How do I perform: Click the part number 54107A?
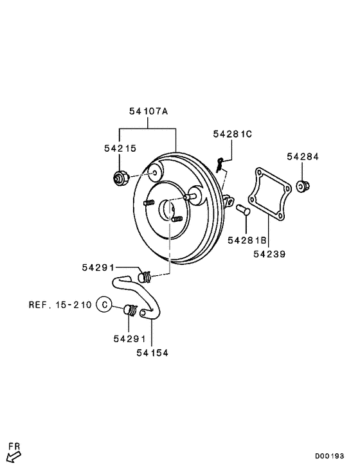coord(148,111)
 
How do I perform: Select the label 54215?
coord(120,149)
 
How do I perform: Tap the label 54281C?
coord(233,134)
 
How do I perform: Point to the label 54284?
coord(303,156)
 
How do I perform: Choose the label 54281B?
coord(247,240)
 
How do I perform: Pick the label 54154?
coord(152,352)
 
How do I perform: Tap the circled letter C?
coord(104,304)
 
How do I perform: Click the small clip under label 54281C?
coord(220,166)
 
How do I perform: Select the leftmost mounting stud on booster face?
coord(147,203)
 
